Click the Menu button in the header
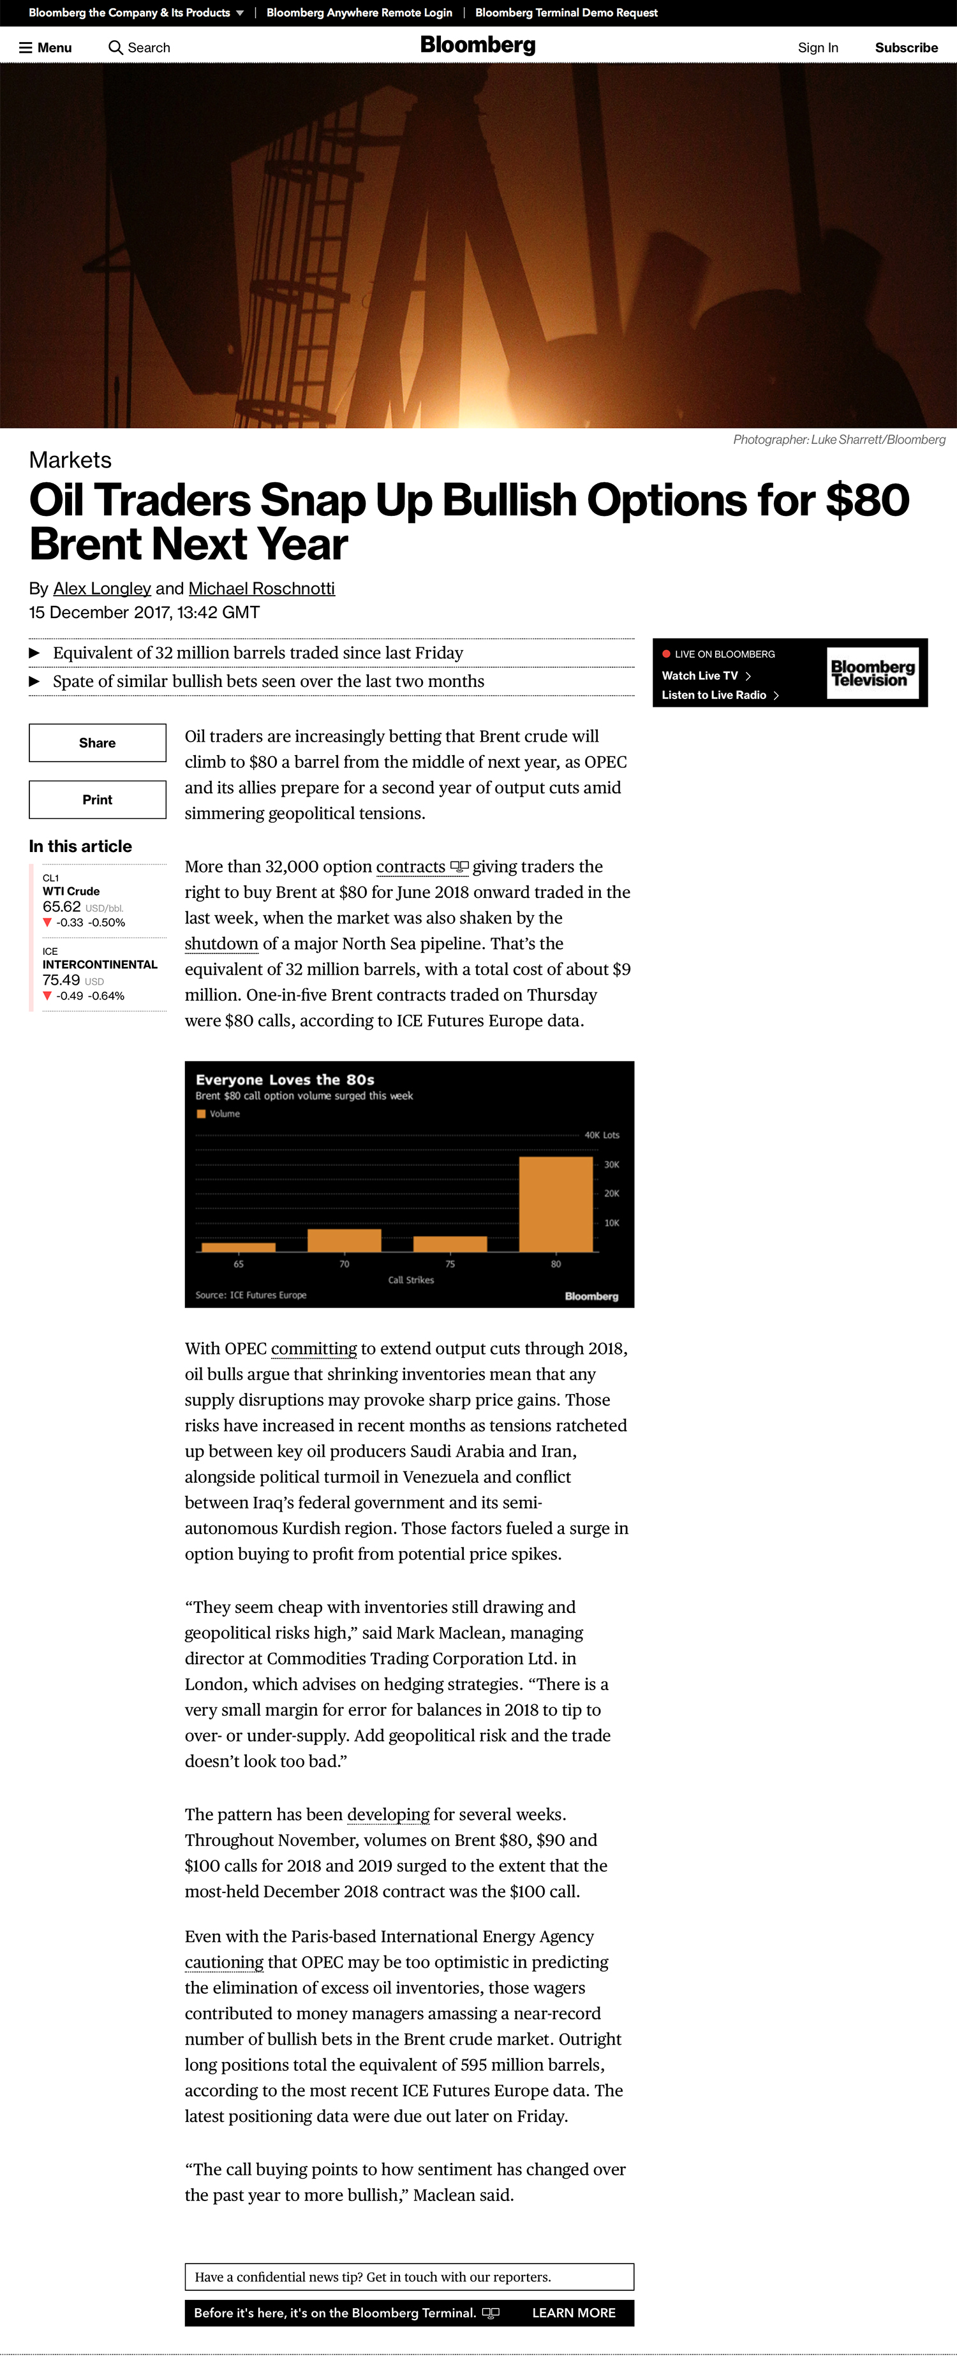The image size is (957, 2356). point(46,48)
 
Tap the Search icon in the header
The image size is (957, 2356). point(115,48)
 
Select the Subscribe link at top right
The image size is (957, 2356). point(906,48)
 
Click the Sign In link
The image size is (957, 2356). point(817,48)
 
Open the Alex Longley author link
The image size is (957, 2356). point(101,588)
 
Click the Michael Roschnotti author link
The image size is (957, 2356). point(262,588)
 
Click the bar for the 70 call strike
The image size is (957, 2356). point(344,1241)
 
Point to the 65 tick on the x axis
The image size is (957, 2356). point(239,1264)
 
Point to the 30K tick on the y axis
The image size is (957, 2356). point(611,1164)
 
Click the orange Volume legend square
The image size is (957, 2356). point(201,1114)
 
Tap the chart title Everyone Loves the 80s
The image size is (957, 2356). point(285,1079)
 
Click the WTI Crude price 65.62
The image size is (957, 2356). point(61,906)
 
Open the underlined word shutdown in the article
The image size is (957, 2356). point(221,943)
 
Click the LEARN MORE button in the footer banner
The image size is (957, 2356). point(574,2312)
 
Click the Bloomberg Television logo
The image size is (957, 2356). point(872,673)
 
